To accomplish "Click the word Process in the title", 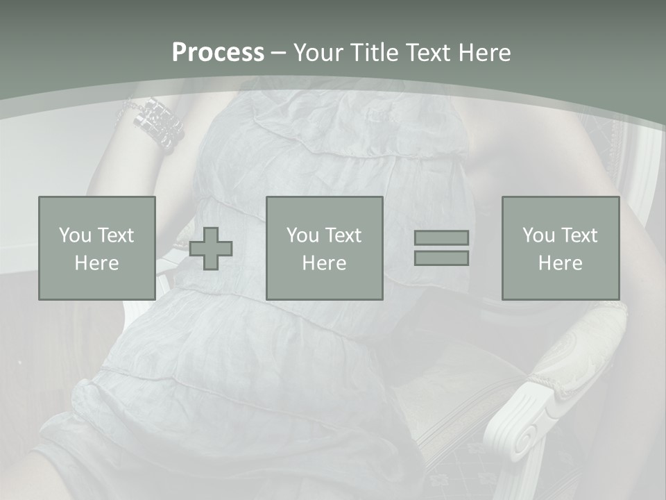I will coord(218,53).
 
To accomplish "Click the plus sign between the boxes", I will coord(212,249).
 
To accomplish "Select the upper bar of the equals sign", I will coord(441,237).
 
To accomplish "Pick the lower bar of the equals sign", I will coord(441,258).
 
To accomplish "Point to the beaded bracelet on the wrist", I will coord(158,123).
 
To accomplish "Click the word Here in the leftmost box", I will coord(96,263).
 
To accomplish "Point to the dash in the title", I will coord(278,53).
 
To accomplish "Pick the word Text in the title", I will coord(425,53).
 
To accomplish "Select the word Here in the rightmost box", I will coord(561,263).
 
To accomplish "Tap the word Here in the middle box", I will coord(324,263).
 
